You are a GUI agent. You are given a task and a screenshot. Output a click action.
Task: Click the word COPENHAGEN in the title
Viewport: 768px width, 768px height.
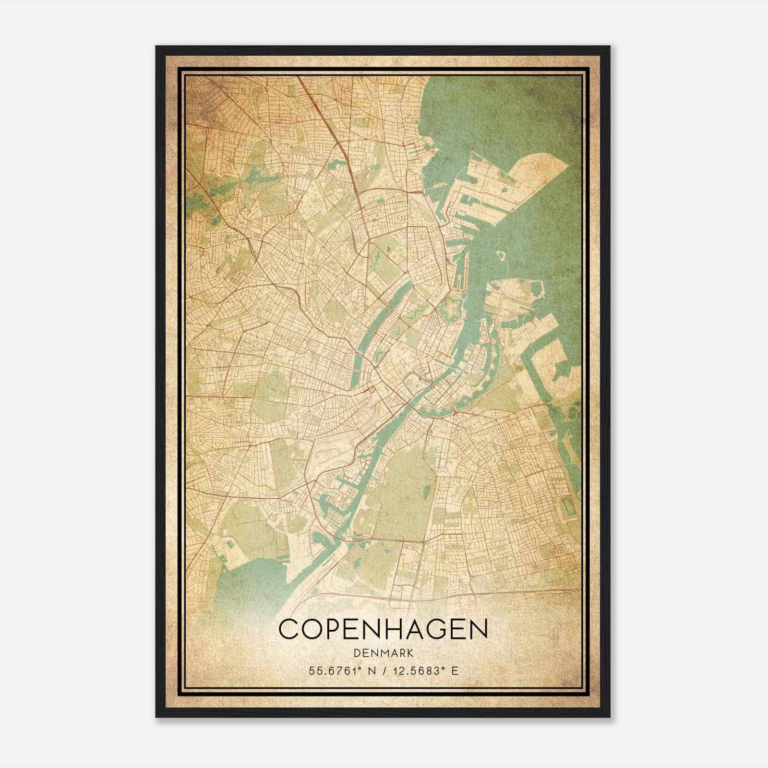[383, 629]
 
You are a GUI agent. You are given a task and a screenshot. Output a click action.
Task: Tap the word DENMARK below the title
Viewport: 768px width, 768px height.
[383, 653]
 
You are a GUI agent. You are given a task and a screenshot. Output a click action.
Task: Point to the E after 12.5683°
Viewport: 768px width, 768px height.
[455, 671]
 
